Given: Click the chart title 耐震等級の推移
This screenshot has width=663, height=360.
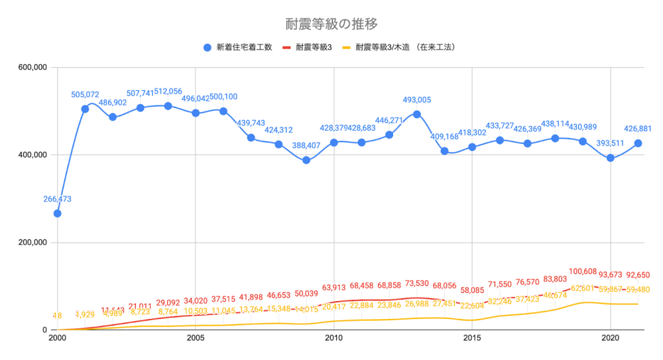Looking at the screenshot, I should coord(331,24).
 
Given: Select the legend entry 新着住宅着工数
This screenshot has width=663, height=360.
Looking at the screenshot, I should coord(239,47).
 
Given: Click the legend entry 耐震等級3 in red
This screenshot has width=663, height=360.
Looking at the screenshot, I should coord(312,47).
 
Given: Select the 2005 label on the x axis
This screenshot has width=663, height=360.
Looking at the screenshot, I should coord(196,338).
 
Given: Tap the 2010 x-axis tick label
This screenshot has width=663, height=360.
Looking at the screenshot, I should coord(333,338).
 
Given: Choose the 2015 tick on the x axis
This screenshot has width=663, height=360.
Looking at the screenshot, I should coord(472,338).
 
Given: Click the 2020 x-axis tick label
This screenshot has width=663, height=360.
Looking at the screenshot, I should coord(611,338).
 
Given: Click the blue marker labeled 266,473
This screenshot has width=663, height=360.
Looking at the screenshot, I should coord(58,213).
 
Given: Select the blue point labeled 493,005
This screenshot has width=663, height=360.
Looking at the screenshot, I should coord(417,114).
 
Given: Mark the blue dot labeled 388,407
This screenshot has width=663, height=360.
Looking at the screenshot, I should coord(306,160).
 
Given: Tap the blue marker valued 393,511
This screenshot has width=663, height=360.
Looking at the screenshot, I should coord(611,158).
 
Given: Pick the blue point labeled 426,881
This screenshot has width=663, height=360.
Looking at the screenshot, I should coord(638,143).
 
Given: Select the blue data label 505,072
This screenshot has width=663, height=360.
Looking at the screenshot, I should coord(85,95).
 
